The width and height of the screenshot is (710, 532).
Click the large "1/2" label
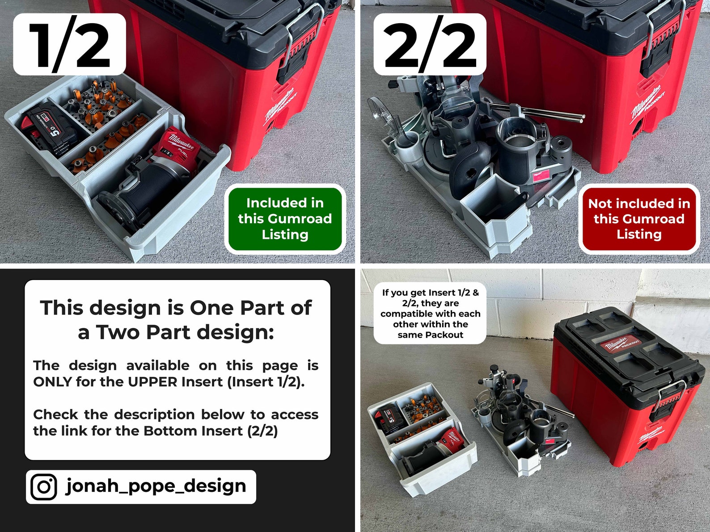69,45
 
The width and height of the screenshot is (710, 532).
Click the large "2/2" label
430,45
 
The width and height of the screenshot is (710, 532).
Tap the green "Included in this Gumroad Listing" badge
285,219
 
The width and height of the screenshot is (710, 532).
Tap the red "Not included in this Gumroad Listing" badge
639,219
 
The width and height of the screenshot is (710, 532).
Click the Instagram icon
44,486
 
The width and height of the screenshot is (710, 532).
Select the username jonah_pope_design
156,486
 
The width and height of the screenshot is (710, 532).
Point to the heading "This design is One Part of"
176,308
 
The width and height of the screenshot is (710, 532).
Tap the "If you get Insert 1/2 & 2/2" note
430,314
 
